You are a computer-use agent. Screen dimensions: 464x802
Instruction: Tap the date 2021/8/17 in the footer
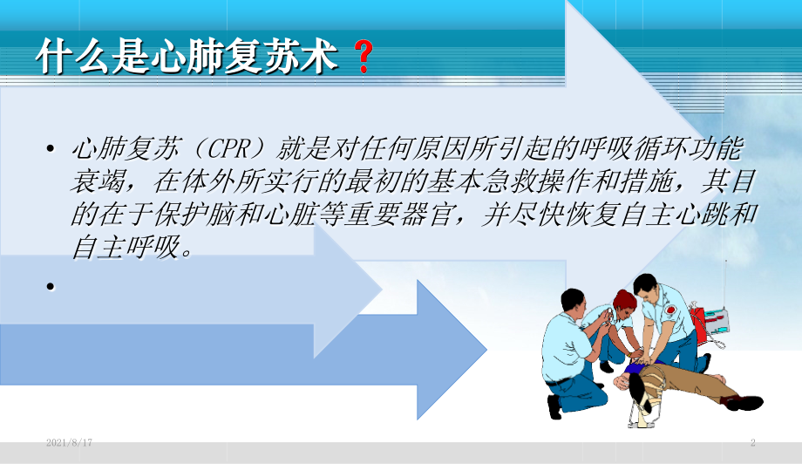coord(70,444)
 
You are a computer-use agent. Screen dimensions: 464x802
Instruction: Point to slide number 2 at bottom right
coord(752,444)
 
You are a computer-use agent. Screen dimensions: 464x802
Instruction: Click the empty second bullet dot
coord(51,285)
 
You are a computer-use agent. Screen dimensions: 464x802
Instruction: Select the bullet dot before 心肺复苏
coord(51,149)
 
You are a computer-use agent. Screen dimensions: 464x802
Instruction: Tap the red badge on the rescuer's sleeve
coord(670,310)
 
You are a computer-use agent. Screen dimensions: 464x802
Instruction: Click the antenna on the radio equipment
coord(725,279)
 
